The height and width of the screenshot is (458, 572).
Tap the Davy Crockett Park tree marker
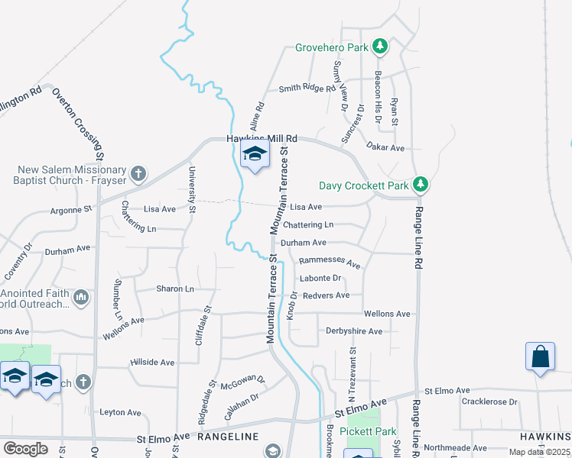[x=420, y=185]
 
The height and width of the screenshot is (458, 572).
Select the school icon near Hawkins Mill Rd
[x=255, y=156]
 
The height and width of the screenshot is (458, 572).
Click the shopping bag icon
[x=540, y=357]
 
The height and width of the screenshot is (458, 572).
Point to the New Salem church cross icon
[x=138, y=174]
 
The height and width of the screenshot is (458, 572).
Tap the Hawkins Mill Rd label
[x=262, y=139]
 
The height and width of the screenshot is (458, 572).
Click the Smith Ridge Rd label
[x=307, y=89]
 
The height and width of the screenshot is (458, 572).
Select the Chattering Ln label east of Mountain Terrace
[x=308, y=225]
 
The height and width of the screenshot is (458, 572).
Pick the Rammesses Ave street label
[x=330, y=261]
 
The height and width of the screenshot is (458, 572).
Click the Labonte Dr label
[x=320, y=279]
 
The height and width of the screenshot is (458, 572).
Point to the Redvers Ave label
[x=326, y=295]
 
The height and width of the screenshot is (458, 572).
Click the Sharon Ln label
[x=175, y=289]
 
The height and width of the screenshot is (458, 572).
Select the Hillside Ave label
[x=153, y=363]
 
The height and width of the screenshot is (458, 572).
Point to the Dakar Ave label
[x=385, y=147]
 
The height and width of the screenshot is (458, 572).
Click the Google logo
[x=25, y=449]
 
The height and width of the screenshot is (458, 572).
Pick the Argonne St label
[x=70, y=208]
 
